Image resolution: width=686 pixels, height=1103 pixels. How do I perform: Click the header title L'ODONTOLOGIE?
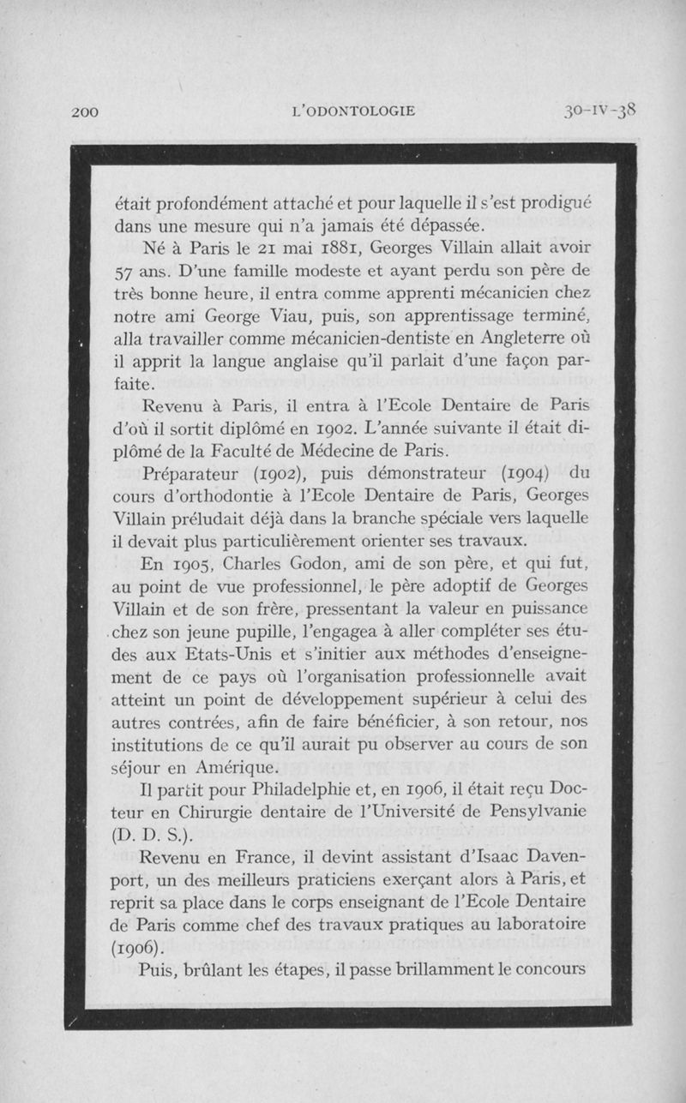[354, 111]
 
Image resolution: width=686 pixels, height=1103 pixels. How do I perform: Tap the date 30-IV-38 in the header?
[599, 110]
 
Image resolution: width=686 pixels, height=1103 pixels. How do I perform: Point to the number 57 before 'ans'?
[125, 272]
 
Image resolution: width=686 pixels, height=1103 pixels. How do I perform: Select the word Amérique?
[235, 766]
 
